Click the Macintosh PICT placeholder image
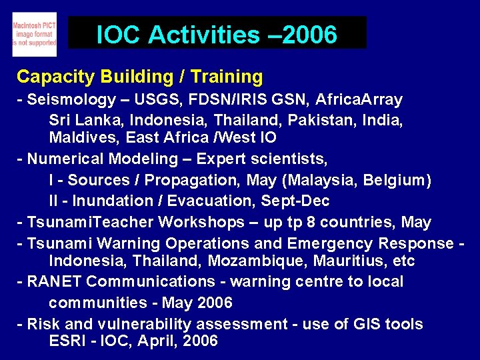pyautogui.click(x=34, y=35)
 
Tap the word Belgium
pyautogui.click(x=398, y=180)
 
